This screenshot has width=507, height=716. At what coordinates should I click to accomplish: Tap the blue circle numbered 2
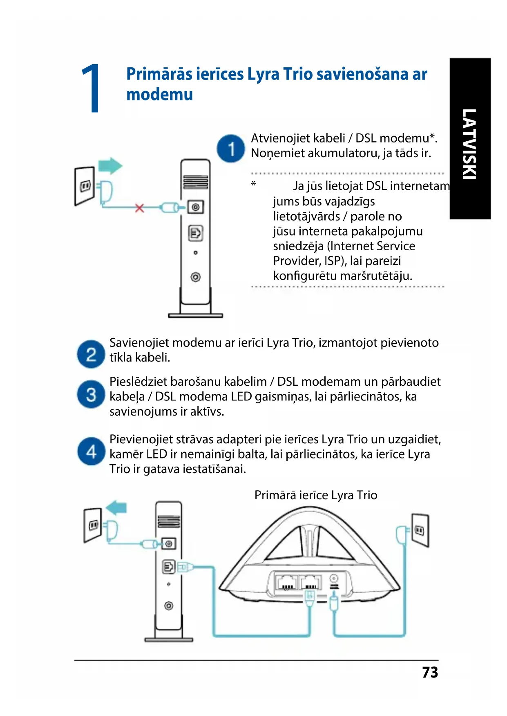click(91, 354)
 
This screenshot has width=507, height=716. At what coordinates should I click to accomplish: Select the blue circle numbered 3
click(91, 394)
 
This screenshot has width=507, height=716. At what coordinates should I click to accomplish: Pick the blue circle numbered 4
click(91, 451)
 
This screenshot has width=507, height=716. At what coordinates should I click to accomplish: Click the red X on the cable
click(140, 208)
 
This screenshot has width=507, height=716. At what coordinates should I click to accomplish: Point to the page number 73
click(430, 672)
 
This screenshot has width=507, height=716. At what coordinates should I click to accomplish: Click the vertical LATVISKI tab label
click(469, 144)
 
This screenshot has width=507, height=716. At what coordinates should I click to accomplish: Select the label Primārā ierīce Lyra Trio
click(315, 495)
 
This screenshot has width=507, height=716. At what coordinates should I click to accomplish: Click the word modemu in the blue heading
click(159, 94)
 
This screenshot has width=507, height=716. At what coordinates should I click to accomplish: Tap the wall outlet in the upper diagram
click(85, 186)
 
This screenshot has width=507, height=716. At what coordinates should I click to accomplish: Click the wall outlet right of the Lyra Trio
click(420, 530)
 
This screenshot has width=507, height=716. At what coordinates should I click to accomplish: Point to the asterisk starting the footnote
click(253, 184)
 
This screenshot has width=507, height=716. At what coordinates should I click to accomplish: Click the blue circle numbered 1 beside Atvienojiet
click(231, 149)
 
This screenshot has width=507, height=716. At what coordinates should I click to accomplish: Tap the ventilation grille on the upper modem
click(195, 182)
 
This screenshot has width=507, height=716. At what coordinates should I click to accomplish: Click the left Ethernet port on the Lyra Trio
click(286, 581)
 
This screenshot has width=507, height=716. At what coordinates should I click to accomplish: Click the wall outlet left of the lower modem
click(93, 525)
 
